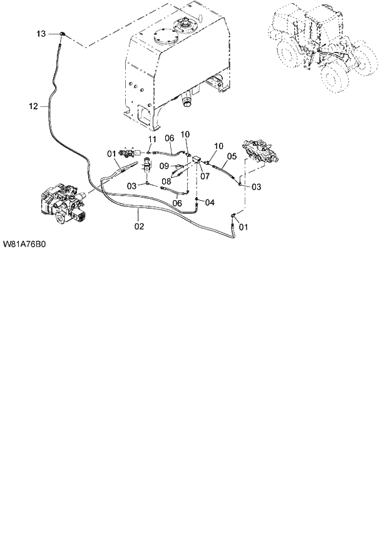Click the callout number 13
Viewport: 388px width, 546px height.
click(x=41, y=33)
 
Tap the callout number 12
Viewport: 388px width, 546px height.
click(x=33, y=106)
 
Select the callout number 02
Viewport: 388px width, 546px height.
click(x=139, y=226)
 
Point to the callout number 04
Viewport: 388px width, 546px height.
click(x=209, y=202)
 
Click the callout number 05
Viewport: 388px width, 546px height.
click(x=231, y=156)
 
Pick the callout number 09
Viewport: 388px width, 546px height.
click(x=166, y=165)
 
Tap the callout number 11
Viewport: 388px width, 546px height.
click(x=151, y=138)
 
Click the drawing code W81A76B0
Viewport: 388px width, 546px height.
click(x=26, y=245)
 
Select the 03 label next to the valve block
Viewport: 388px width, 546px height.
click(x=257, y=186)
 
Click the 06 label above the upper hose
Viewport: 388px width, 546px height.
click(x=169, y=138)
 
